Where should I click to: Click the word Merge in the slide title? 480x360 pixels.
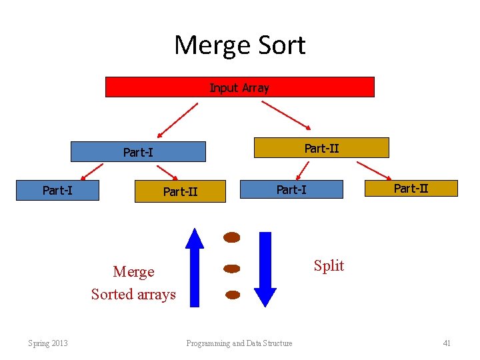pos(208,46)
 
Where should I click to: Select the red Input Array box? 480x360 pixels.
pos(239,87)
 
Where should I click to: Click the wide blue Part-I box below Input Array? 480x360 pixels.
pos(138,152)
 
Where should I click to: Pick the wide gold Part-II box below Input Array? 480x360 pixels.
pos(321,148)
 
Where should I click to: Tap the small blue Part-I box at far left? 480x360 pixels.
pos(58,190)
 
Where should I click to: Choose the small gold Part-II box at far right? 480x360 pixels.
pos(411,188)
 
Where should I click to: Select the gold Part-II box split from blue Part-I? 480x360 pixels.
pos(181,191)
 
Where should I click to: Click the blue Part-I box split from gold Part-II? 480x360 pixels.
pos(291,190)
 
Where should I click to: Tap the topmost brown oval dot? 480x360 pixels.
pos(231,237)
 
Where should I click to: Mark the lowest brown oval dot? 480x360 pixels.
pos(232,294)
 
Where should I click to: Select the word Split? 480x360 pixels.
pos(329,266)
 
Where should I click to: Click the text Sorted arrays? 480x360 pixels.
pos(133,294)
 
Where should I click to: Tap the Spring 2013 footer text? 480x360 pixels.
pos(48,343)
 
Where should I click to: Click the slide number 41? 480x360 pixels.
pos(447,343)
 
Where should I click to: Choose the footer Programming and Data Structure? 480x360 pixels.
pos(239,343)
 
